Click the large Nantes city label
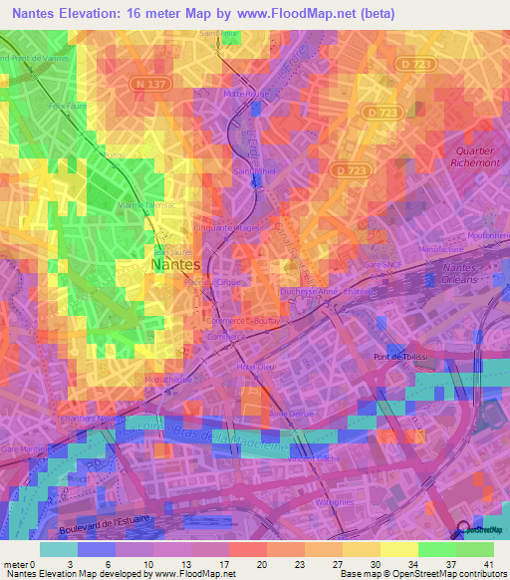pos(174,266)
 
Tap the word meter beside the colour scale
pos(15,564)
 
